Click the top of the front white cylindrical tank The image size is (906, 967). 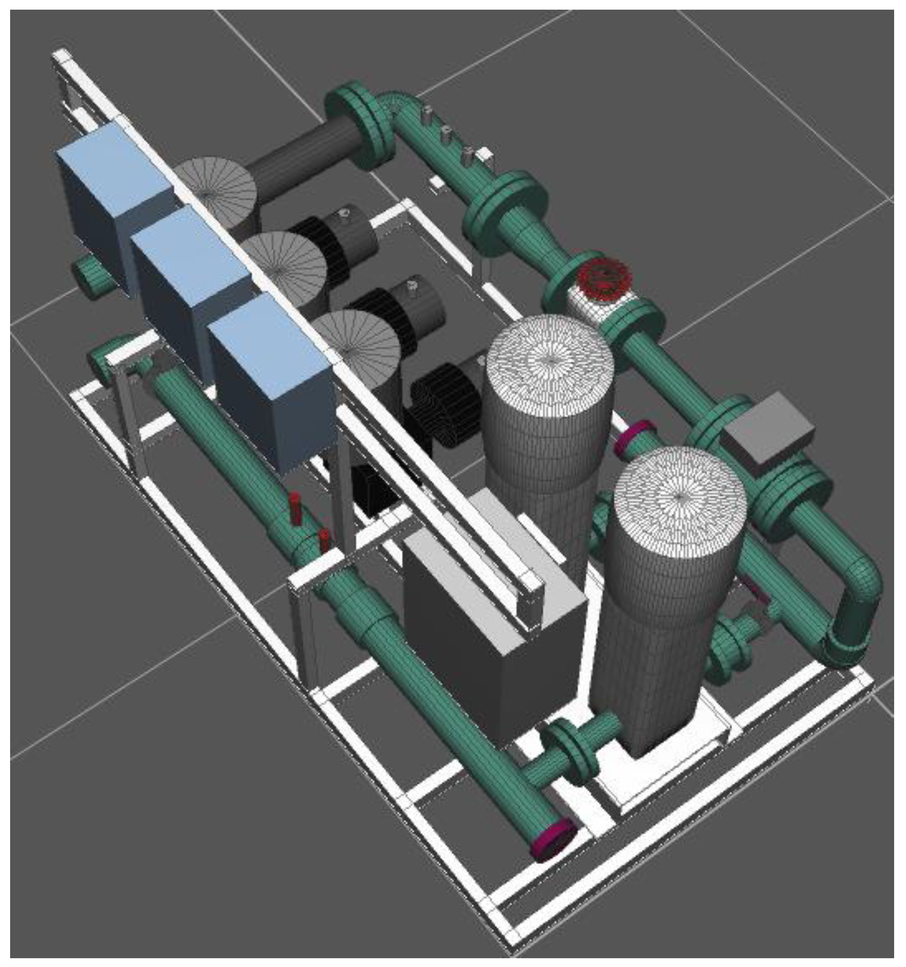pyautogui.click(x=679, y=499)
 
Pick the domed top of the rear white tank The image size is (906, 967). pyautogui.click(x=550, y=360)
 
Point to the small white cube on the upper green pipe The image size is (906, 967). pyautogui.click(x=484, y=155)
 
